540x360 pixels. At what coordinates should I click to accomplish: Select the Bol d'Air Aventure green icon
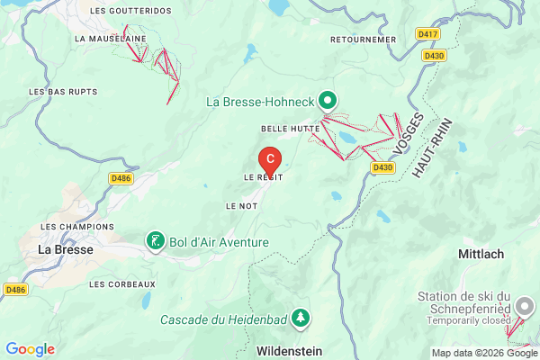tap(157, 240)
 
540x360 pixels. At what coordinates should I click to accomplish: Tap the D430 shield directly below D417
tap(434, 55)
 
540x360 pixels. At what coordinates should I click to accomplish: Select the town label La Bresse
tap(65, 249)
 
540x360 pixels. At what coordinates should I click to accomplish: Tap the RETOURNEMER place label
tap(363, 40)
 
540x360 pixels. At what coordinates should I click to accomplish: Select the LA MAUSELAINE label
tap(111, 39)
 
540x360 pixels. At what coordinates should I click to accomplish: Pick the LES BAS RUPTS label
tap(62, 92)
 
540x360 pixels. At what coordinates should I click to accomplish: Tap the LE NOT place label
tap(242, 206)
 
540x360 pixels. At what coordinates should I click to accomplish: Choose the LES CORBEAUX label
tap(122, 283)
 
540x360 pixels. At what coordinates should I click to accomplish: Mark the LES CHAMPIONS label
tap(77, 227)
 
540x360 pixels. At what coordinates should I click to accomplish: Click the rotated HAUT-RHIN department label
tap(431, 148)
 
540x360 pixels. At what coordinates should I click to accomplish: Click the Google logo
tap(30, 349)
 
